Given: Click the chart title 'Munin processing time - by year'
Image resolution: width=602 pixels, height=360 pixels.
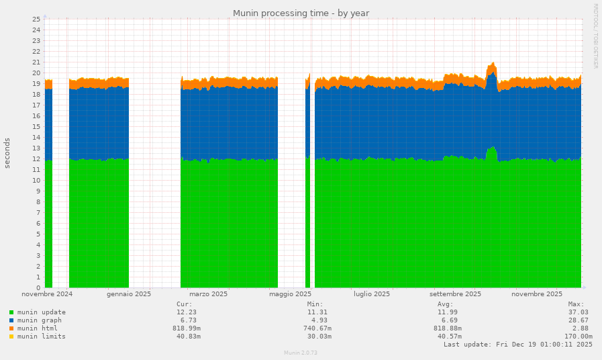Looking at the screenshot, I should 301,13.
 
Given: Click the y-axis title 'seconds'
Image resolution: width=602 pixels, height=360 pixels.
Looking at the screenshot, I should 7,153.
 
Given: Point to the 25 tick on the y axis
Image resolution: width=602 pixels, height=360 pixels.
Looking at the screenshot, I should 37,19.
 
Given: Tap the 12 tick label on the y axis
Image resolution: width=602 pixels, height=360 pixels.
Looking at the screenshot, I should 37,159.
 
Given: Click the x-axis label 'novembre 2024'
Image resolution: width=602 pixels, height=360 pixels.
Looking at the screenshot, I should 47,294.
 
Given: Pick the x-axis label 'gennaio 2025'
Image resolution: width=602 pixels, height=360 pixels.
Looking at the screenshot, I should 129,294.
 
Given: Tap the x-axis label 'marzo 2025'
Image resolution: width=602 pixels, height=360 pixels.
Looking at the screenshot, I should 208,294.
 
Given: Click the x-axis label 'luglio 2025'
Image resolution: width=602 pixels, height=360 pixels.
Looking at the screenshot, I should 372,294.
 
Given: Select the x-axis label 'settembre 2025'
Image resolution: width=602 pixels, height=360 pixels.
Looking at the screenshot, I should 455,294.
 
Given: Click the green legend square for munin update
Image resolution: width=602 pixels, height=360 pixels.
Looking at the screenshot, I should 11,312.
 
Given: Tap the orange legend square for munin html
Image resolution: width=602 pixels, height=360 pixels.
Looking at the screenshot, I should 11,328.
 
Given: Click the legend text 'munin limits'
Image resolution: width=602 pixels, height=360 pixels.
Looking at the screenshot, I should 42,336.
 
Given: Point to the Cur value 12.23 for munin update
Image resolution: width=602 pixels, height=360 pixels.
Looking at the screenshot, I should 187,312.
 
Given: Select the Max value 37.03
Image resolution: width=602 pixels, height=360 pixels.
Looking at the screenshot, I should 578,312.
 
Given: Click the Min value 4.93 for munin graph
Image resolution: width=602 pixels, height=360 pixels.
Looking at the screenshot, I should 319,320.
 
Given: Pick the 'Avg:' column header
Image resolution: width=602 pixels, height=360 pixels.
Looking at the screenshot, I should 446,304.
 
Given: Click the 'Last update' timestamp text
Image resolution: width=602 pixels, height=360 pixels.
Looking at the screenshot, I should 517,345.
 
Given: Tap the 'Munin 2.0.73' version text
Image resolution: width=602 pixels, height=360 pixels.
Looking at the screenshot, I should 301,353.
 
